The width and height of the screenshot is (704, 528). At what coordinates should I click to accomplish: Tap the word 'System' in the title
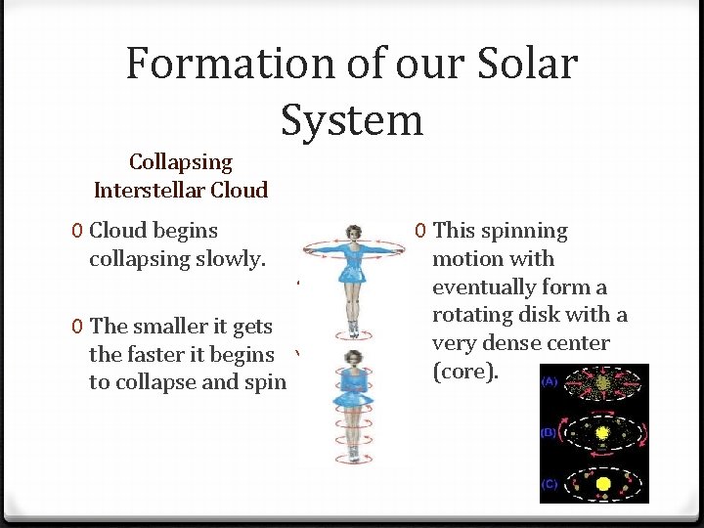point(352,119)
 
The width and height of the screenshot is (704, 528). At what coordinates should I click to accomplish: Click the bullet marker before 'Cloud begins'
point(76,231)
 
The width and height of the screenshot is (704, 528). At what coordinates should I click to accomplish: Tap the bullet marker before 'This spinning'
point(419,232)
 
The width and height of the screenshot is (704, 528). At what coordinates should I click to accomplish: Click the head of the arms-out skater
point(351,234)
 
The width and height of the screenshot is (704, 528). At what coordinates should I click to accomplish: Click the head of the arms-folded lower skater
point(352,361)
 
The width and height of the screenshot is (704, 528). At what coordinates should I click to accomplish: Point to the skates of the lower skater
point(352,454)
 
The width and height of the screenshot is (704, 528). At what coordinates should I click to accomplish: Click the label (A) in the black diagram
point(550,381)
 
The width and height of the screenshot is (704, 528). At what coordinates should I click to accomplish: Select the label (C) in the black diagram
point(550,483)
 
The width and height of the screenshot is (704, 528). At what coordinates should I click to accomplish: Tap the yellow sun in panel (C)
point(604,484)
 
